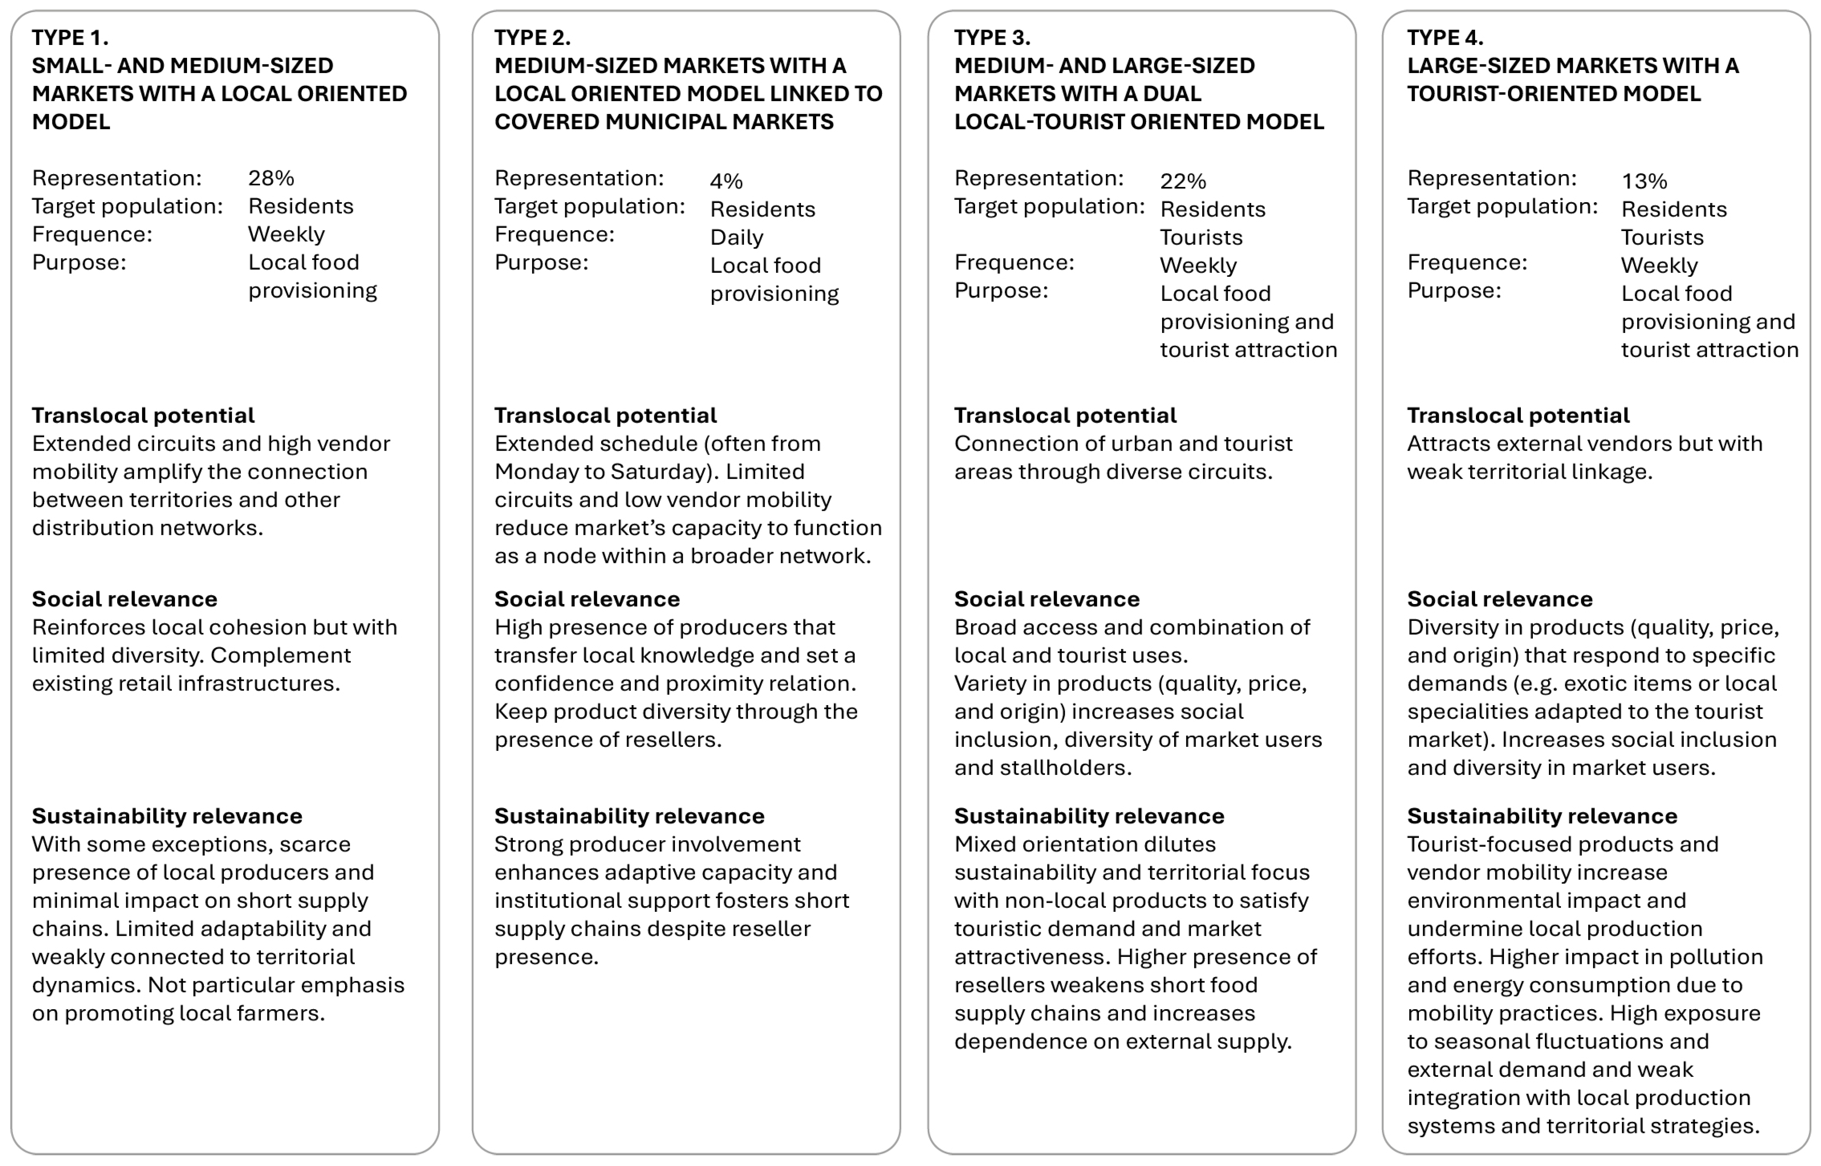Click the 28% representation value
270,178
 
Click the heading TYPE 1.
70,37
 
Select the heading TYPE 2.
532,37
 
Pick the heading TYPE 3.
992,37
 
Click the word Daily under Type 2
736,237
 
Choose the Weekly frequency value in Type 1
286,234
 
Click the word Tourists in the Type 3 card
1201,237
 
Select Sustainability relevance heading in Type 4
1542,815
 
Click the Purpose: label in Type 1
79,262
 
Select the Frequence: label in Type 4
1466,262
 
